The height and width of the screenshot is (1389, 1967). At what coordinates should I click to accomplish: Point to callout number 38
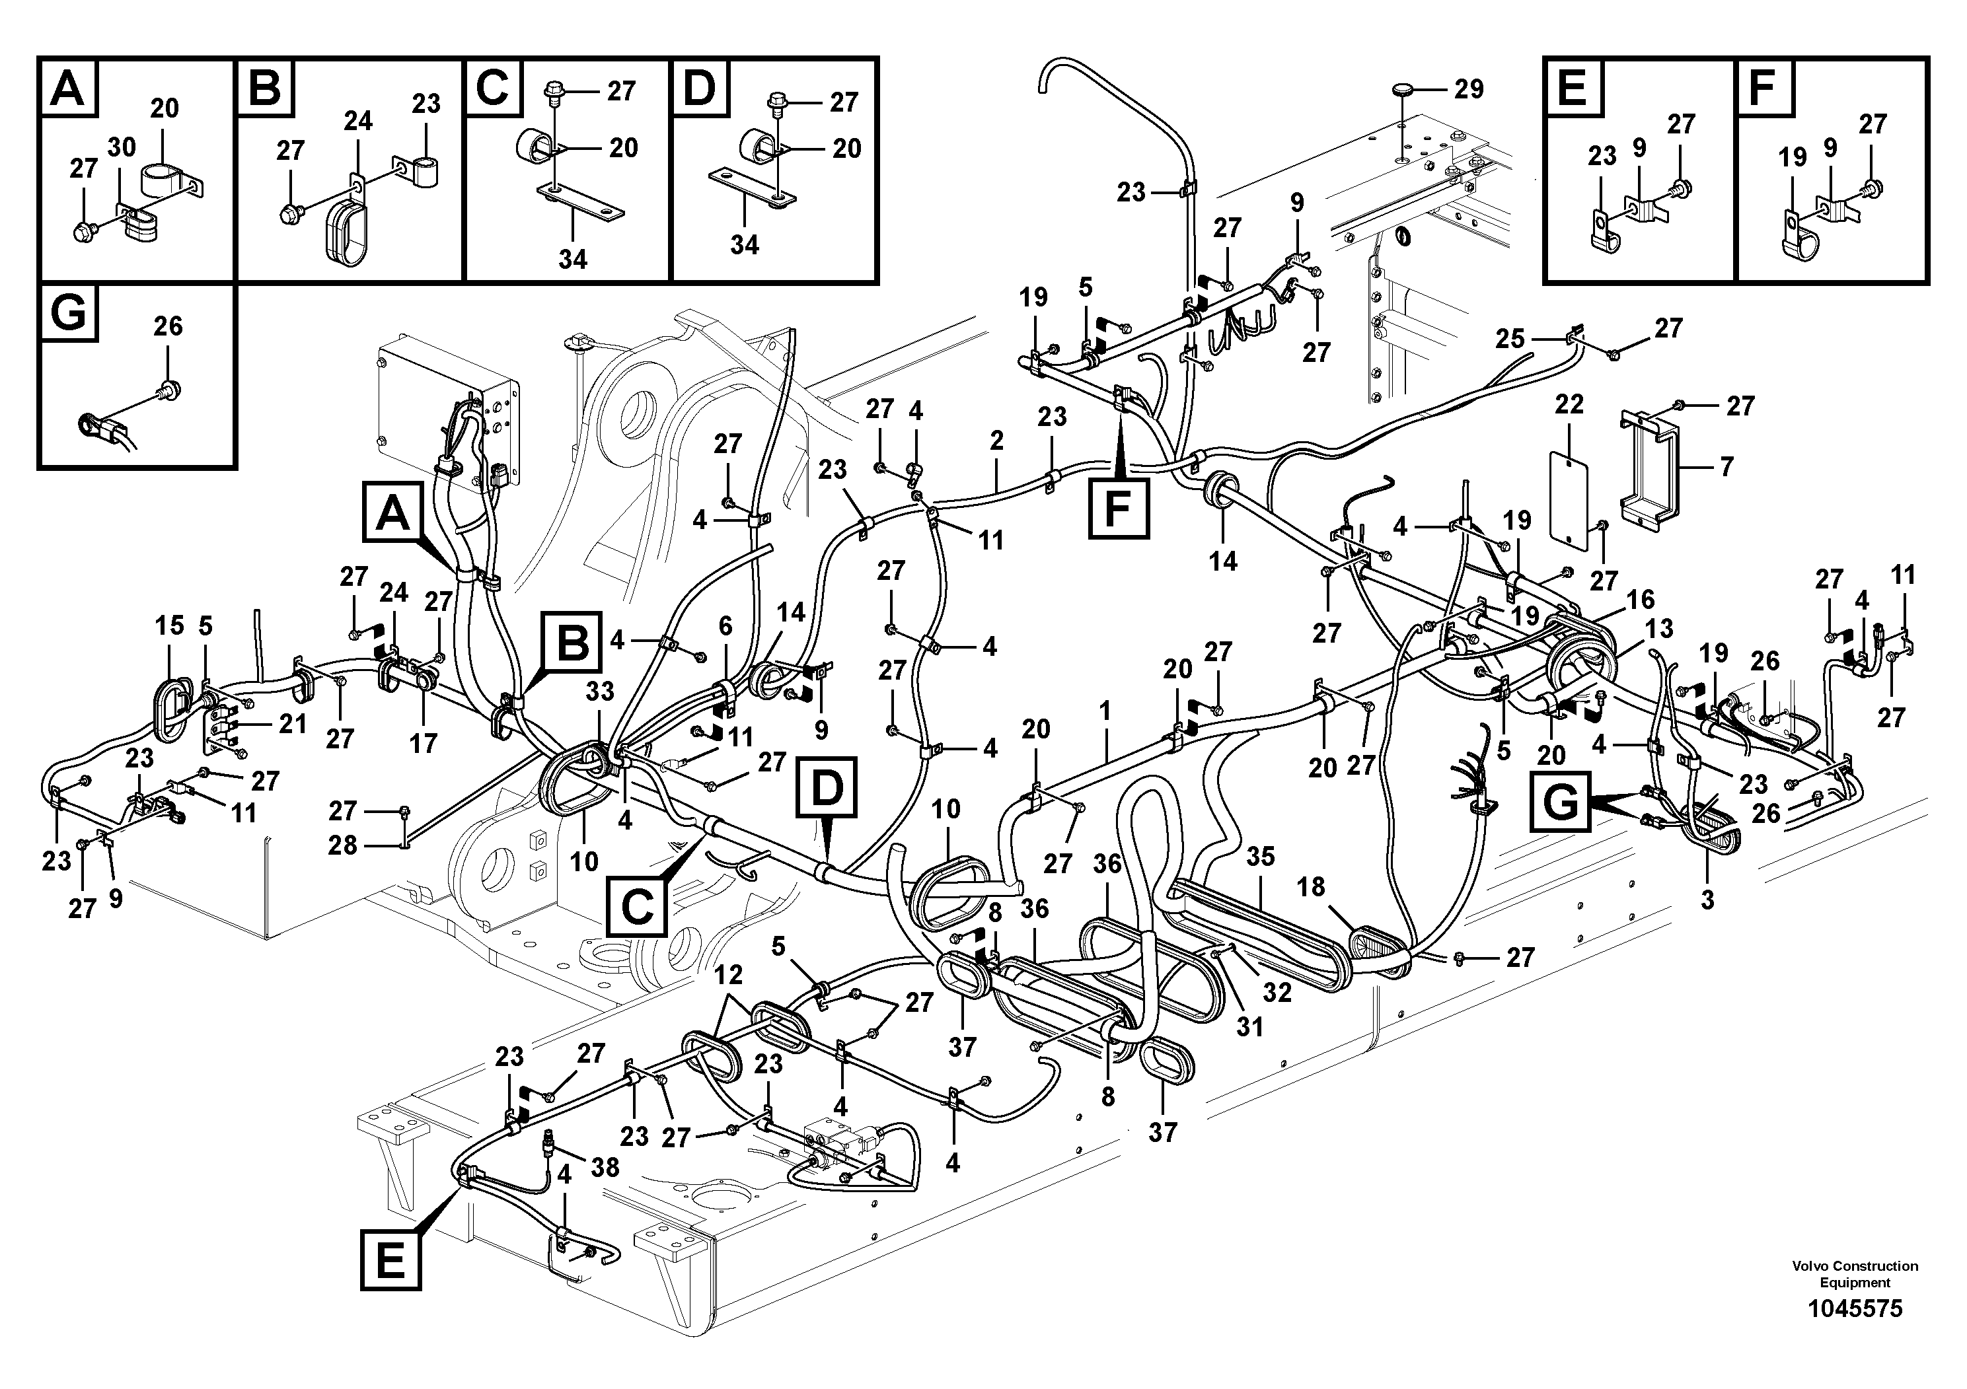point(605,1167)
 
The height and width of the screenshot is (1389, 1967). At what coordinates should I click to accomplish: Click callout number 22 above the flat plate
point(1569,404)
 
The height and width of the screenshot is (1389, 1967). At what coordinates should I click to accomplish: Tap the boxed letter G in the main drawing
point(1560,802)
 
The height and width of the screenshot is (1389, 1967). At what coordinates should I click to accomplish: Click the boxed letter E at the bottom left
point(390,1260)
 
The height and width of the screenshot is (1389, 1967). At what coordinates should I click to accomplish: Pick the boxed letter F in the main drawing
point(1119,509)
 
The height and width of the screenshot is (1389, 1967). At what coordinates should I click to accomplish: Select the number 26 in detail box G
point(168,326)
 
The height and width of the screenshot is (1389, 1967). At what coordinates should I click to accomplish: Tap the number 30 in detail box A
point(122,147)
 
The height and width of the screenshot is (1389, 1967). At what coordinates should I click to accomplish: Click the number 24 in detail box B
point(358,121)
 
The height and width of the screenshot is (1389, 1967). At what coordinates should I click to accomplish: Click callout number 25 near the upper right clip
point(1510,339)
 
